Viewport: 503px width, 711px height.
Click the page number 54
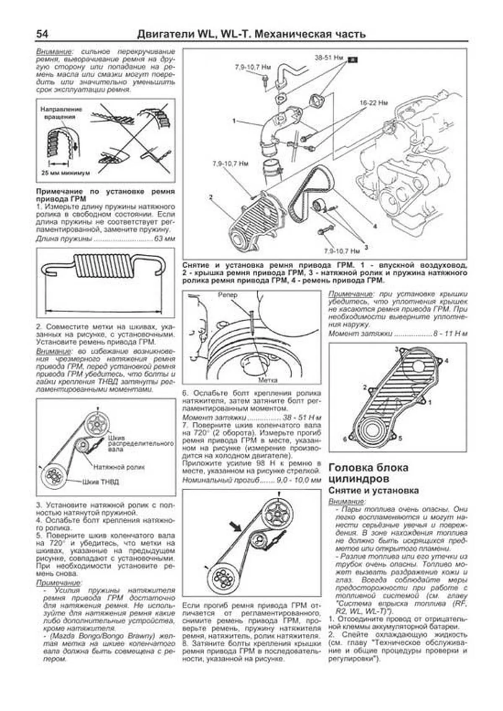pyautogui.click(x=44, y=34)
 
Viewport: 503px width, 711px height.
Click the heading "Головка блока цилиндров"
pyautogui.click(x=368, y=473)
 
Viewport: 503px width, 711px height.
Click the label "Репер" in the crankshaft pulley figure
pyautogui.click(x=228, y=295)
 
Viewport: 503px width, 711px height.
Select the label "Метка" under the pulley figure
pyautogui.click(x=267, y=380)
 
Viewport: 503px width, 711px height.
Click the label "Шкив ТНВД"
pyautogui.click(x=101, y=482)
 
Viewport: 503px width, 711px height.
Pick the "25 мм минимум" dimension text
pyautogui.click(x=65, y=173)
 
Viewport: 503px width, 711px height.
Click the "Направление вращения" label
pyautogui.click(x=61, y=113)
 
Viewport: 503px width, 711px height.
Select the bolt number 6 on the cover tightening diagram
pyautogui.click(x=345, y=439)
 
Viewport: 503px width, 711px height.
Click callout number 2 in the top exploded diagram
pyautogui.click(x=211, y=196)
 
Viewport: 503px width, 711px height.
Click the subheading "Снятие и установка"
pyautogui.click(x=373, y=490)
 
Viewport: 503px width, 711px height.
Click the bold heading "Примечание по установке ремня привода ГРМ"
pyautogui.click(x=105, y=195)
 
